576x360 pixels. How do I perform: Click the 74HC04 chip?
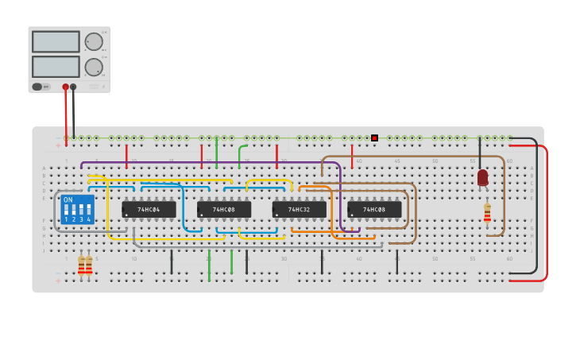click(149, 210)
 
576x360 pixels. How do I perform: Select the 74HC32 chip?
click(299, 210)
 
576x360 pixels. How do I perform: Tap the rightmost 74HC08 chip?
click(374, 210)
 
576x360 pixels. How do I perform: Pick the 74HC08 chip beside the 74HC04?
click(224, 210)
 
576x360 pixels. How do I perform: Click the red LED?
click(482, 178)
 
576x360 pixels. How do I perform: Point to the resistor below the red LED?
click(487, 213)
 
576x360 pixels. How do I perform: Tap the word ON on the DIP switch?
click(68, 199)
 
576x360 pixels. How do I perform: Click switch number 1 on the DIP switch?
click(66, 212)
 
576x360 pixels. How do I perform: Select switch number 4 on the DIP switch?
click(88, 212)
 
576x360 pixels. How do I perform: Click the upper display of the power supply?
click(56, 41)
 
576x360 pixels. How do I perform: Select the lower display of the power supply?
click(56, 67)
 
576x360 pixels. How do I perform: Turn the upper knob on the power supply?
click(94, 41)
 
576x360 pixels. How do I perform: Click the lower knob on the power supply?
click(94, 67)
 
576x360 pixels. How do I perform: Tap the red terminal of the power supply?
click(65, 87)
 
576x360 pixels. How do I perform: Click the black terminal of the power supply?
click(73, 87)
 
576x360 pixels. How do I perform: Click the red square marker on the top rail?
click(374, 137)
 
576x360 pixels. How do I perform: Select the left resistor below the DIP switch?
click(81, 265)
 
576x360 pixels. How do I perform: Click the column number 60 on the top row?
click(509, 161)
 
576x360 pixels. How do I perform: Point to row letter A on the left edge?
click(44, 168)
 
